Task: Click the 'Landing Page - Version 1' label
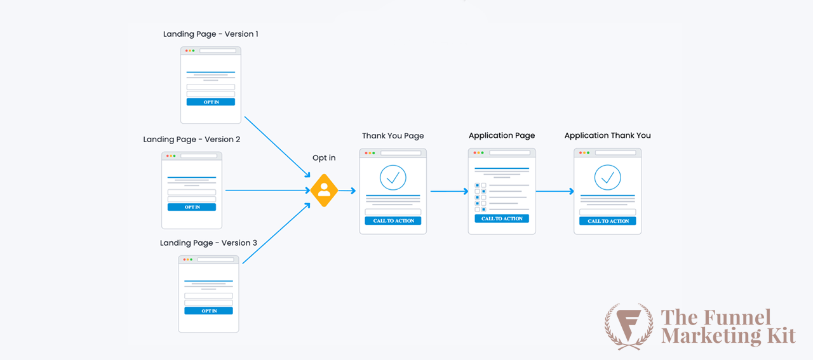pos(210,34)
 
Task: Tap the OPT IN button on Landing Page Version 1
pos(210,102)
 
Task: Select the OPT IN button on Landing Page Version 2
pos(192,207)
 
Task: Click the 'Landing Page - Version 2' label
pos(191,140)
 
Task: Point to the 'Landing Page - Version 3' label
pos(208,243)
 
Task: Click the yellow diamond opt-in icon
pos(324,190)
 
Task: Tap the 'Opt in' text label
pos(324,158)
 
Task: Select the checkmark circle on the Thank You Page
pos(393,178)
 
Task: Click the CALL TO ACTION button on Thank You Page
pos(393,221)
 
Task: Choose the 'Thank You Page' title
pos(393,136)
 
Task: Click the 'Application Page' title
pos(502,136)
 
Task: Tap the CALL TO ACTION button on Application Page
pos(502,218)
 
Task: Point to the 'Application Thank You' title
pos(607,136)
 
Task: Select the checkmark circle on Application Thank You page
pos(607,178)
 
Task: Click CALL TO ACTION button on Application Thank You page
pos(607,221)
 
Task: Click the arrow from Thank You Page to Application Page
pos(448,191)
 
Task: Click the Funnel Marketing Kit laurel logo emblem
pos(629,325)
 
